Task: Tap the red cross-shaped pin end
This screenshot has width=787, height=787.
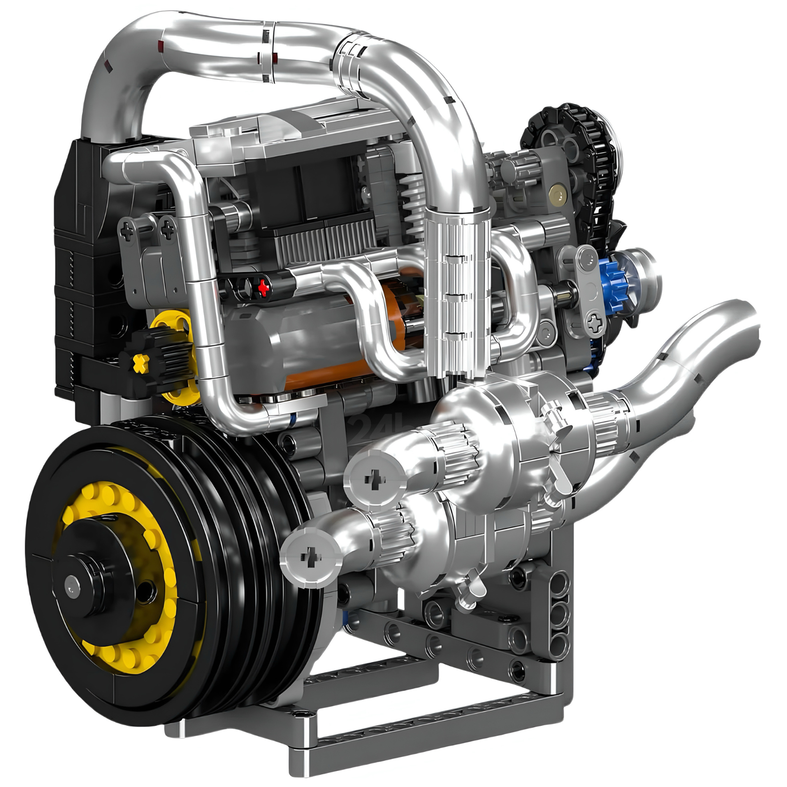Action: [x=263, y=287]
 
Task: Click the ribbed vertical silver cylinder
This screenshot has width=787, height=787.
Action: [x=457, y=291]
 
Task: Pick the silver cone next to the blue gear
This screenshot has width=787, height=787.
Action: [x=641, y=272]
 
